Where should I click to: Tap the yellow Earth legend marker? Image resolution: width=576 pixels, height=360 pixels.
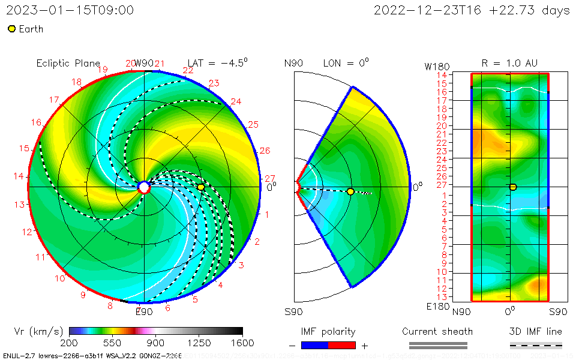pos(11,29)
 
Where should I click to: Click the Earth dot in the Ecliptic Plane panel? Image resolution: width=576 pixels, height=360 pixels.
pos(201,187)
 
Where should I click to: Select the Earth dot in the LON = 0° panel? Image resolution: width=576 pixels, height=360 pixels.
pos(350,191)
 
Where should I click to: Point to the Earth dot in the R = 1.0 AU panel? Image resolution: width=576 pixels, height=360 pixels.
pos(513,187)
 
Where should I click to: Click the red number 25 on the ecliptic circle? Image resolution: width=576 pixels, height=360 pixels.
pos(253,125)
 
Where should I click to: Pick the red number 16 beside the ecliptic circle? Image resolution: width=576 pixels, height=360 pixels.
pos(37,122)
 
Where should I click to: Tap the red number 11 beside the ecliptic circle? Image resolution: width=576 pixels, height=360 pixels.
pos(41,257)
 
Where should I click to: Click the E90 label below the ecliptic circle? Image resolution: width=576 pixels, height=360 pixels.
pos(144,311)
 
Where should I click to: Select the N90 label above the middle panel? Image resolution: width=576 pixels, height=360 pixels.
pos(293,64)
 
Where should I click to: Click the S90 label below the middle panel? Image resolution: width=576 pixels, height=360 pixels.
pos(293,311)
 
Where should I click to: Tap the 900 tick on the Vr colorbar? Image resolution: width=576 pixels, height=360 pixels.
pos(156,343)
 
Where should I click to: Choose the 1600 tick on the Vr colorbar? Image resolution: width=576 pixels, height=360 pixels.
pos(242,343)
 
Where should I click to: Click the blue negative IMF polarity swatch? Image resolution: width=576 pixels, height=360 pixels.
pos(314,345)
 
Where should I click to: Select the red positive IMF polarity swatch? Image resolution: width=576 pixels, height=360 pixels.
pos(342,345)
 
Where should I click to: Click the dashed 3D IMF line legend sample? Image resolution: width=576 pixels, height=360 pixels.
pos(536,345)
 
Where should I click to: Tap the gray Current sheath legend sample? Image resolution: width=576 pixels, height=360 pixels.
pos(437,345)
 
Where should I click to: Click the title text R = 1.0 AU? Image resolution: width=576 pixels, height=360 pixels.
pos(509,64)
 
